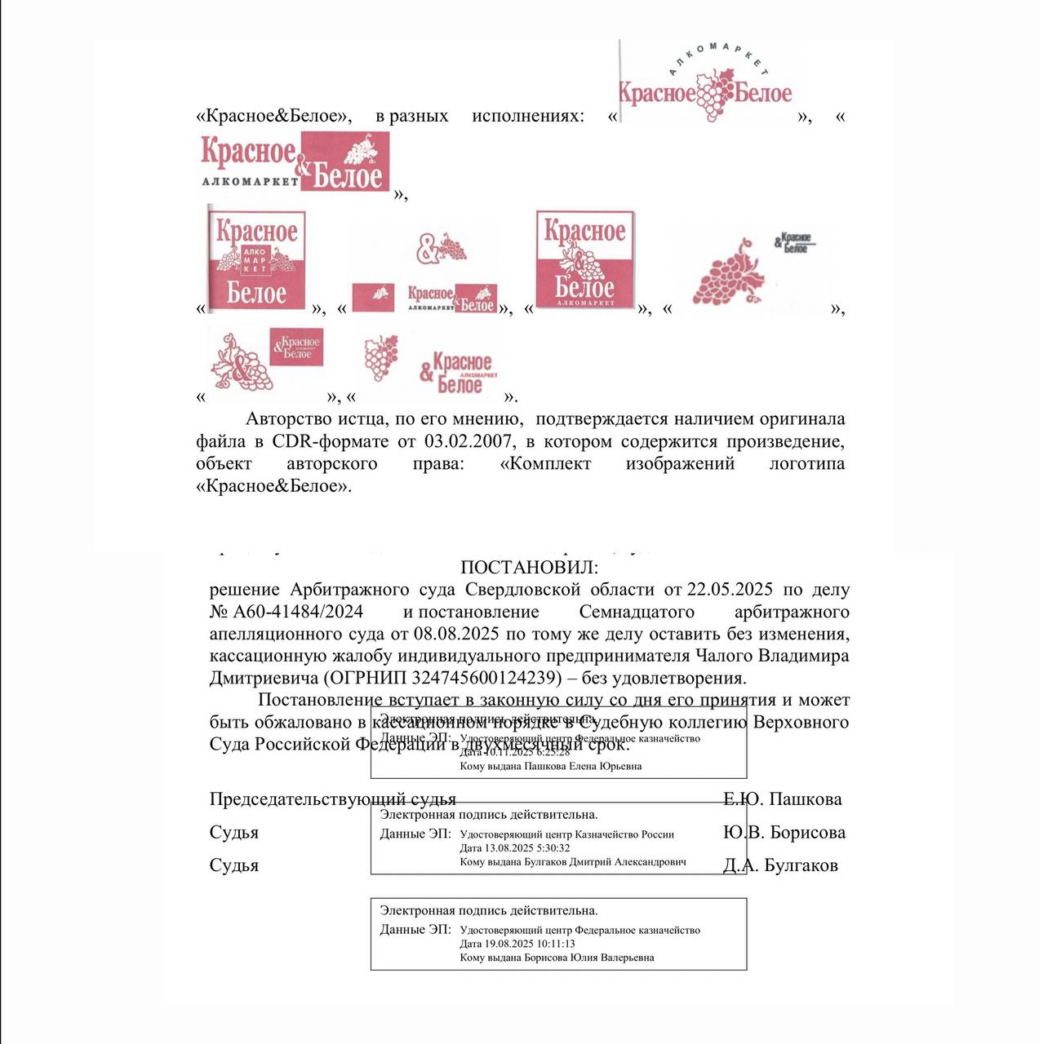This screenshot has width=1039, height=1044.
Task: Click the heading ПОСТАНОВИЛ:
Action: coord(529,567)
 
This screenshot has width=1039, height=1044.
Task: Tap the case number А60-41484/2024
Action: coord(299,612)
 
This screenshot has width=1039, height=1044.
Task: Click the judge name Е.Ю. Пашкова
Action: coord(782,799)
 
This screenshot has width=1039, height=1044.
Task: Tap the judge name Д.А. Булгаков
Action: coord(780,865)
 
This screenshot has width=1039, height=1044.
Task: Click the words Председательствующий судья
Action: coord(332,799)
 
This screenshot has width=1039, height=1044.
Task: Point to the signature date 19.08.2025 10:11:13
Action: coord(530,944)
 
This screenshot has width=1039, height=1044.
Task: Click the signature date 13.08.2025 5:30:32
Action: coord(527,848)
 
